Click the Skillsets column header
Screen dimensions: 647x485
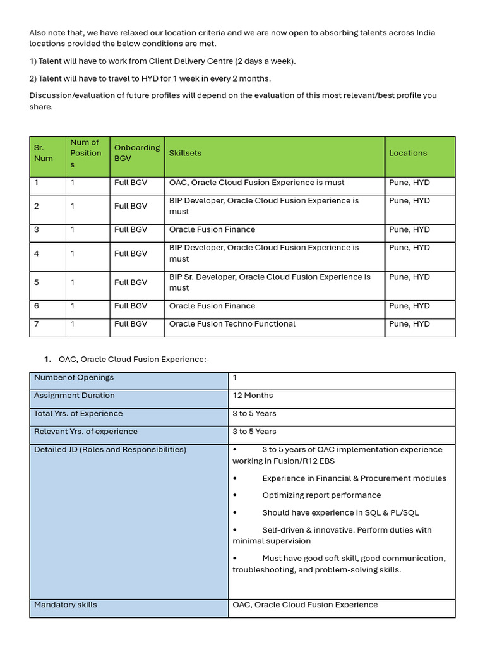pos(186,153)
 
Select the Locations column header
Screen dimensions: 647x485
pos(408,153)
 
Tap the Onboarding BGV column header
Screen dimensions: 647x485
pos(136,153)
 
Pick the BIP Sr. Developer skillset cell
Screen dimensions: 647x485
pos(270,282)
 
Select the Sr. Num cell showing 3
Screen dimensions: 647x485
pos(37,229)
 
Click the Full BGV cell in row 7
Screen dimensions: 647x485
pos(131,324)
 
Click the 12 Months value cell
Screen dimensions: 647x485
pos(253,396)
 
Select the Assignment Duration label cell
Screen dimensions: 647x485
pos(75,396)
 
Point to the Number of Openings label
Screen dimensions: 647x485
pos(74,377)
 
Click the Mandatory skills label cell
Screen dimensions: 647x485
pos(66,605)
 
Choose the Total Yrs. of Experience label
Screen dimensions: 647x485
pos(78,414)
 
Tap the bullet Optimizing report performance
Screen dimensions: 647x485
pos(321,495)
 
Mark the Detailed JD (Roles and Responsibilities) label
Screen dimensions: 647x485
pos(110,450)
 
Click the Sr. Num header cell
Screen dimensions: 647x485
pos(44,153)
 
